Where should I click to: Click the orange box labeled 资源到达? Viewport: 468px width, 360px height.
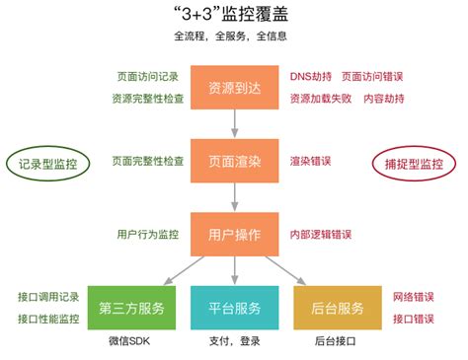point(235,89)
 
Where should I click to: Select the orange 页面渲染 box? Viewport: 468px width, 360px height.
point(235,161)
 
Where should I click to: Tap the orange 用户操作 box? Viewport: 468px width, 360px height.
point(235,234)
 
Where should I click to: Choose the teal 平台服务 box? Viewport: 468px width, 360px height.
point(233,308)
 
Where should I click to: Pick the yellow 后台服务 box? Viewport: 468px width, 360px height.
point(336,308)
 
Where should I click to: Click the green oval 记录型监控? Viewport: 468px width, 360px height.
point(48,163)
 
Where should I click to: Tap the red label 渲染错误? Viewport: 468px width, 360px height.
point(310,161)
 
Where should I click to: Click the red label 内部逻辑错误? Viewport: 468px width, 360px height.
point(320,235)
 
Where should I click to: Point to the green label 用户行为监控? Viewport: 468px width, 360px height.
point(148,235)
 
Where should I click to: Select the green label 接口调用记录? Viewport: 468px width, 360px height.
point(48,297)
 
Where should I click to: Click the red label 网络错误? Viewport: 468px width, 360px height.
point(413,297)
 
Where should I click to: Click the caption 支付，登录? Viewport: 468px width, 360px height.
point(233,341)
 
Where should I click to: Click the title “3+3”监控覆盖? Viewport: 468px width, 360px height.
point(234,16)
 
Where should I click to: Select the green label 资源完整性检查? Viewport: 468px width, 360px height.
point(148,100)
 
